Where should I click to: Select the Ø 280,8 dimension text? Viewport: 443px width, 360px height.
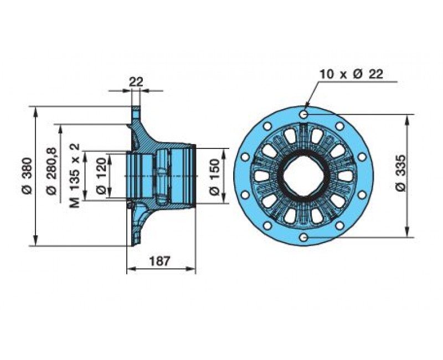(51, 171)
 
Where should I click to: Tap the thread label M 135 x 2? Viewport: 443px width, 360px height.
(75, 176)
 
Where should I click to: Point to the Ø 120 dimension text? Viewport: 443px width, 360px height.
(101, 176)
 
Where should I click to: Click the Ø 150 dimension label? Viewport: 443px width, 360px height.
(214, 177)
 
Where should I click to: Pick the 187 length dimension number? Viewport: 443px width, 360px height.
(160, 261)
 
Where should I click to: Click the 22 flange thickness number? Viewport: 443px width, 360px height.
(136, 82)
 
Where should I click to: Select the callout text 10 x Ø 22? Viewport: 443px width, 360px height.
(352, 74)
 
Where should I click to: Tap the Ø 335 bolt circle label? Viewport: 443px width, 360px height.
(400, 173)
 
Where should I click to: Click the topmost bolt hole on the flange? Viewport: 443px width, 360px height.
(303, 115)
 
